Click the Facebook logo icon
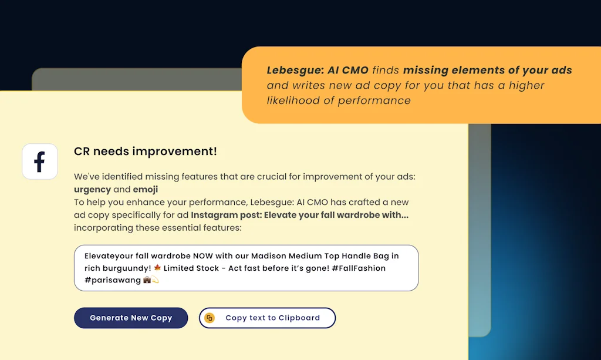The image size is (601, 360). click(x=40, y=162)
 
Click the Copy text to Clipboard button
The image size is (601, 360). click(x=267, y=318)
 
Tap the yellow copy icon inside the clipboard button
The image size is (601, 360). click(x=210, y=318)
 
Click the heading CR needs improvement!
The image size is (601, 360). click(x=145, y=152)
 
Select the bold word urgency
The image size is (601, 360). click(x=92, y=189)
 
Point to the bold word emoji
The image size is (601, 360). click(x=146, y=189)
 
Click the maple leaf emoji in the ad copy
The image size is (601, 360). click(x=157, y=268)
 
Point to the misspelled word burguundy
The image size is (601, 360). click(x=125, y=268)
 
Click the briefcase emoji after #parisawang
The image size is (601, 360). click(x=147, y=280)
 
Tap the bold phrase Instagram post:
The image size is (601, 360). click(x=226, y=215)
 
